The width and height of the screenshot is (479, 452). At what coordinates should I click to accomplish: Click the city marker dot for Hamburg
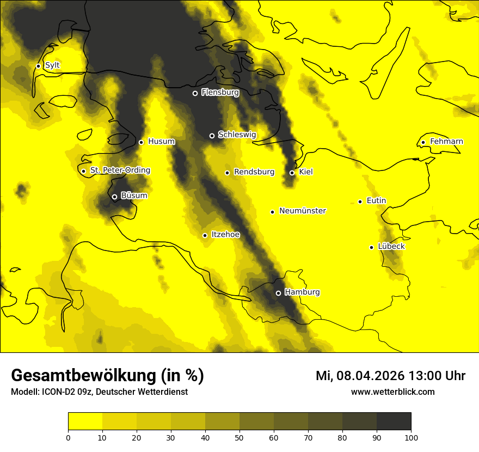pyautogui.click(x=278, y=293)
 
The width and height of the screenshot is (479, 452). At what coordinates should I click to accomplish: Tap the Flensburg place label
pyautogui.click(x=220, y=93)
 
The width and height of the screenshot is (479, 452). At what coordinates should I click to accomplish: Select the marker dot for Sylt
pyautogui.click(x=38, y=66)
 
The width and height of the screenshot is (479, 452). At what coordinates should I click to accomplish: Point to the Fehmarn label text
pyautogui.click(x=446, y=142)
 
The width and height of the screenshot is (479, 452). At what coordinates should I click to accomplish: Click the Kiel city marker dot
pyautogui.click(x=292, y=173)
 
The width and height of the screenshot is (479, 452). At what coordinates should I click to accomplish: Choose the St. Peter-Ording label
pyautogui.click(x=120, y=170)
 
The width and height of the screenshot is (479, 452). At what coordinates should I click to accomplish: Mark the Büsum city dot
pyautogui.click(x=114, y=197)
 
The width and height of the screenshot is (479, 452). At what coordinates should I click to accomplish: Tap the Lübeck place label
pyautogui.click(x=391, y=246)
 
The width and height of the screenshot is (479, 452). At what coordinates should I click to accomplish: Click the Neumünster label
pyautogui.click(x=303, y=211)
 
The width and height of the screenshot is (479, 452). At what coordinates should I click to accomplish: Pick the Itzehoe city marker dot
pyautogui.click(x=205, y=235)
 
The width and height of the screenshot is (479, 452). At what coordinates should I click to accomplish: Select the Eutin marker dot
pyautogui.click(x=360, y=201)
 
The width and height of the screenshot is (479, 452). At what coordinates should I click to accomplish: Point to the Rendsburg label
pyautogui.click(x=254, y=172)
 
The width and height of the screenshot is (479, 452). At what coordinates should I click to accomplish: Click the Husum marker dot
pyautogui.click(x=141, y=142)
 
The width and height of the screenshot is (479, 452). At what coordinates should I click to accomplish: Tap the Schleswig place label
pyautogui.click(x=237, y=135)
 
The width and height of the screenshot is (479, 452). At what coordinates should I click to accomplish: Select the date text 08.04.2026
pyautogui.click(x=370, y=376)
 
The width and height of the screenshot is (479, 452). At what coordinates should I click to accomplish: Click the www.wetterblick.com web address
pyautogui.click(x=392, y=392)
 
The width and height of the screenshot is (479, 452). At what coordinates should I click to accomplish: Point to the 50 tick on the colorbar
pyautogui.click(x=239, y=437)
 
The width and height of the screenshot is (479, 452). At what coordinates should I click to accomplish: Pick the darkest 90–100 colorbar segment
pyautogui.click(x=394, y=422)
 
